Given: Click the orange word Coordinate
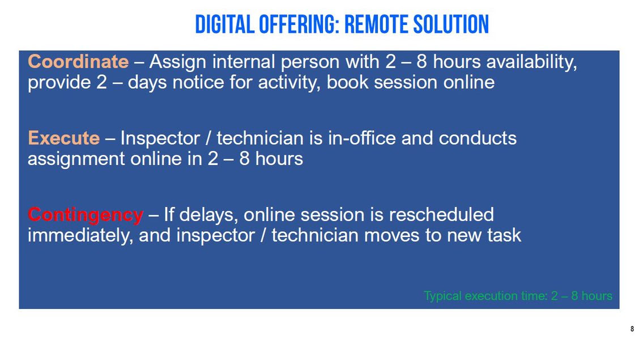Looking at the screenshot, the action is pyautogui.click(x=78, y=62).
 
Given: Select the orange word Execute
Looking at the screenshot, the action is pyautogui.click(x=63, y=138).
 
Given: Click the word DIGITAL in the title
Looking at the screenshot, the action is pyautogui.click(x=224, y=24).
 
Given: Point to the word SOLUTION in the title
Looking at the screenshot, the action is pyautogui.click(x=451, y=24).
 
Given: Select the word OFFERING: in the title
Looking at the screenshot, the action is pyautogui.click(x=299, y=24).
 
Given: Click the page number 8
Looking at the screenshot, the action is pyautogui.click(x=632, y=329).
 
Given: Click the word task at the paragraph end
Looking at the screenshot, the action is pyautogui.click(x=504, y=235).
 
